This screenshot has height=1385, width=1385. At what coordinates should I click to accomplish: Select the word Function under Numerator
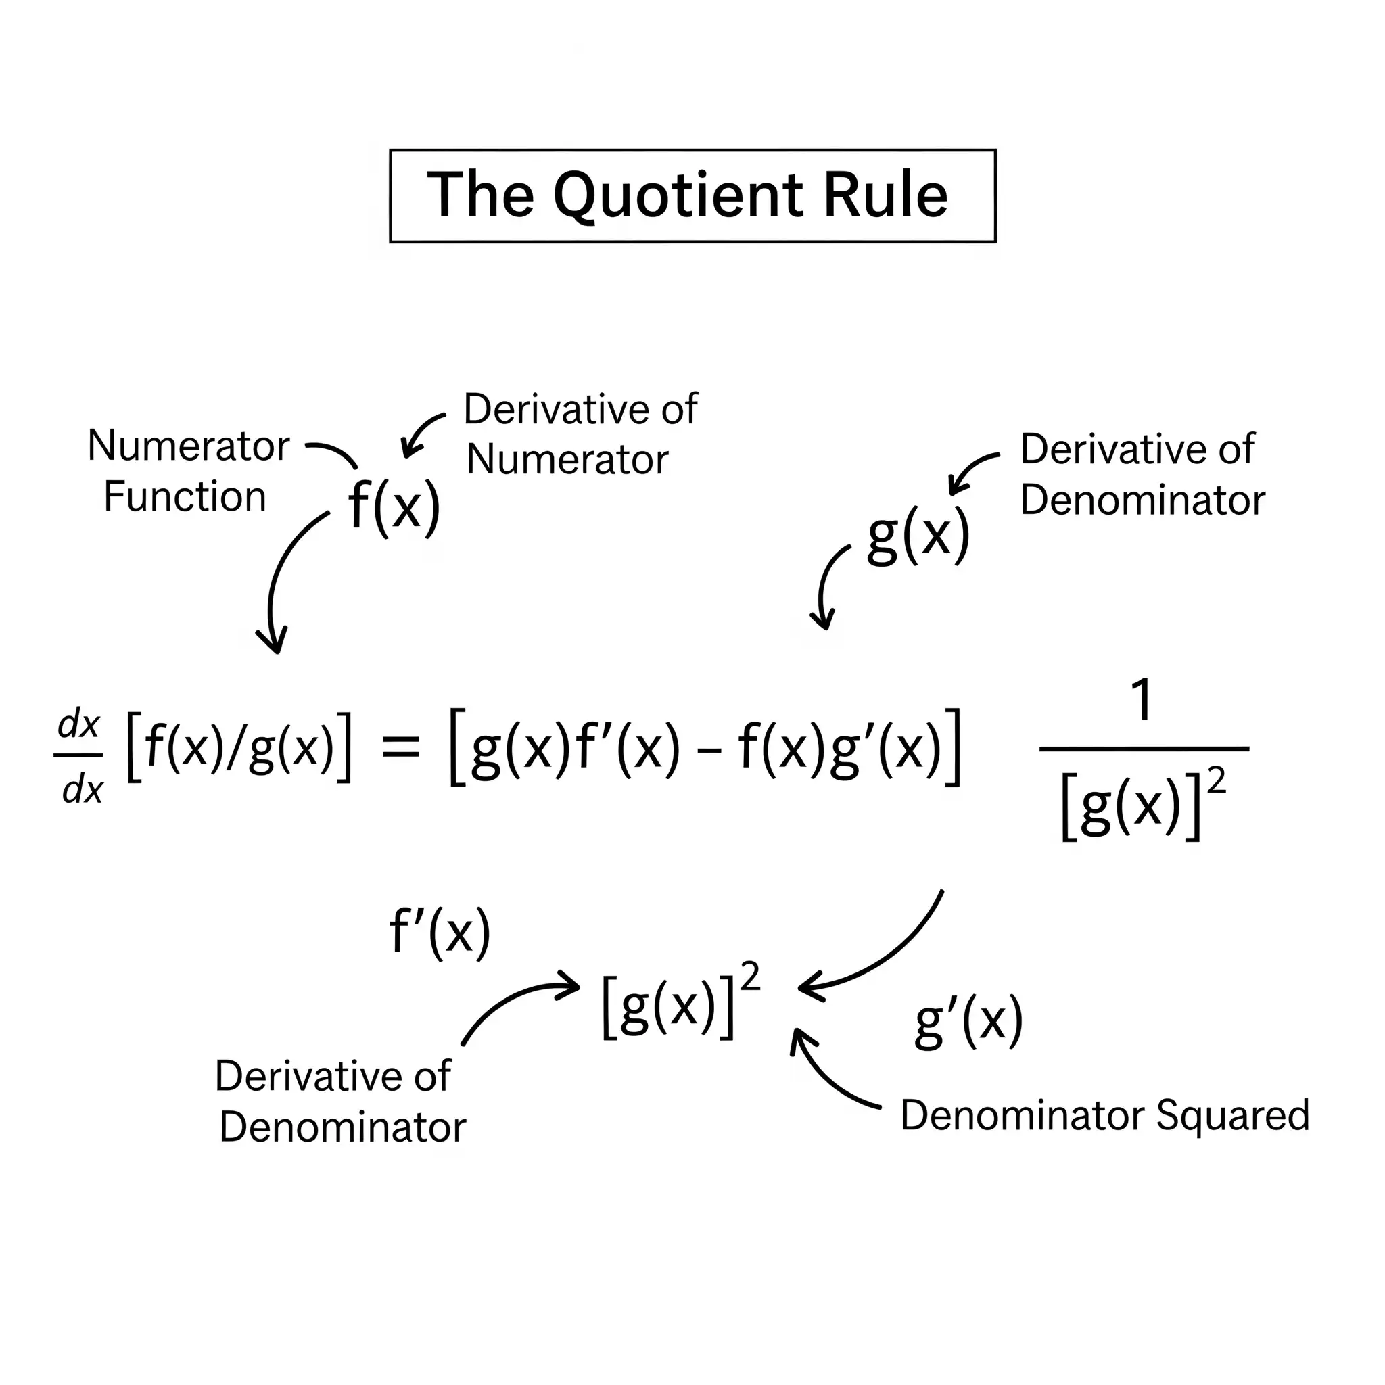click(185, 497)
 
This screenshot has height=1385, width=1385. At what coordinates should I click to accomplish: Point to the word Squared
click(1233, 1115)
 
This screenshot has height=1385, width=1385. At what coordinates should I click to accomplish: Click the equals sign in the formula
click(400, 748)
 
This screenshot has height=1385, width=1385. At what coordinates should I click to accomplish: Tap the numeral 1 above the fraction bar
click(1142, 701)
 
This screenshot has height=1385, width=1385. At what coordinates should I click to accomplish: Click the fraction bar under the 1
click(1144, 749)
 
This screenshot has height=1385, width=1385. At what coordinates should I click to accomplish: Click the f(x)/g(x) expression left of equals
click(239, 748)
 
